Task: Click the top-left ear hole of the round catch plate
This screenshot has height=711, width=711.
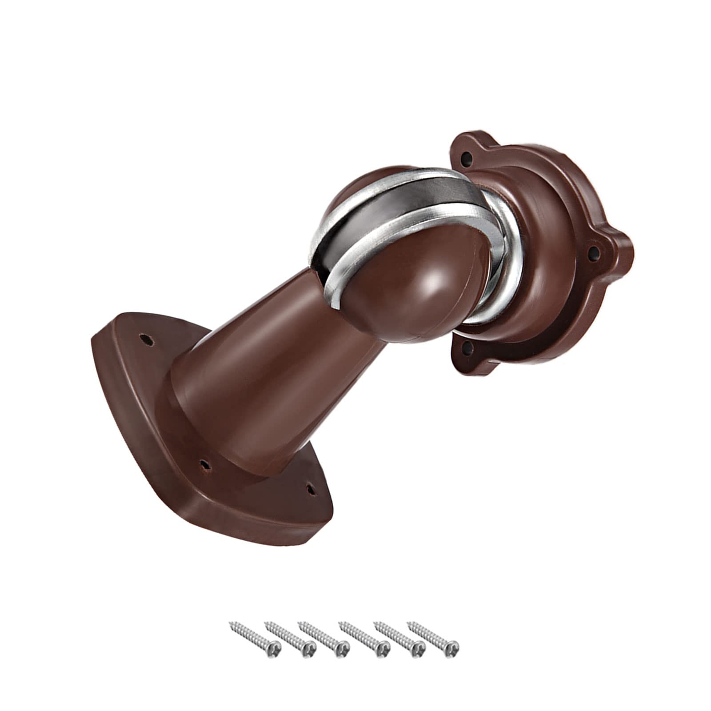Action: tap(467, 157)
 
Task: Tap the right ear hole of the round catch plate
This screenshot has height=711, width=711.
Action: tap(592, 252)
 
